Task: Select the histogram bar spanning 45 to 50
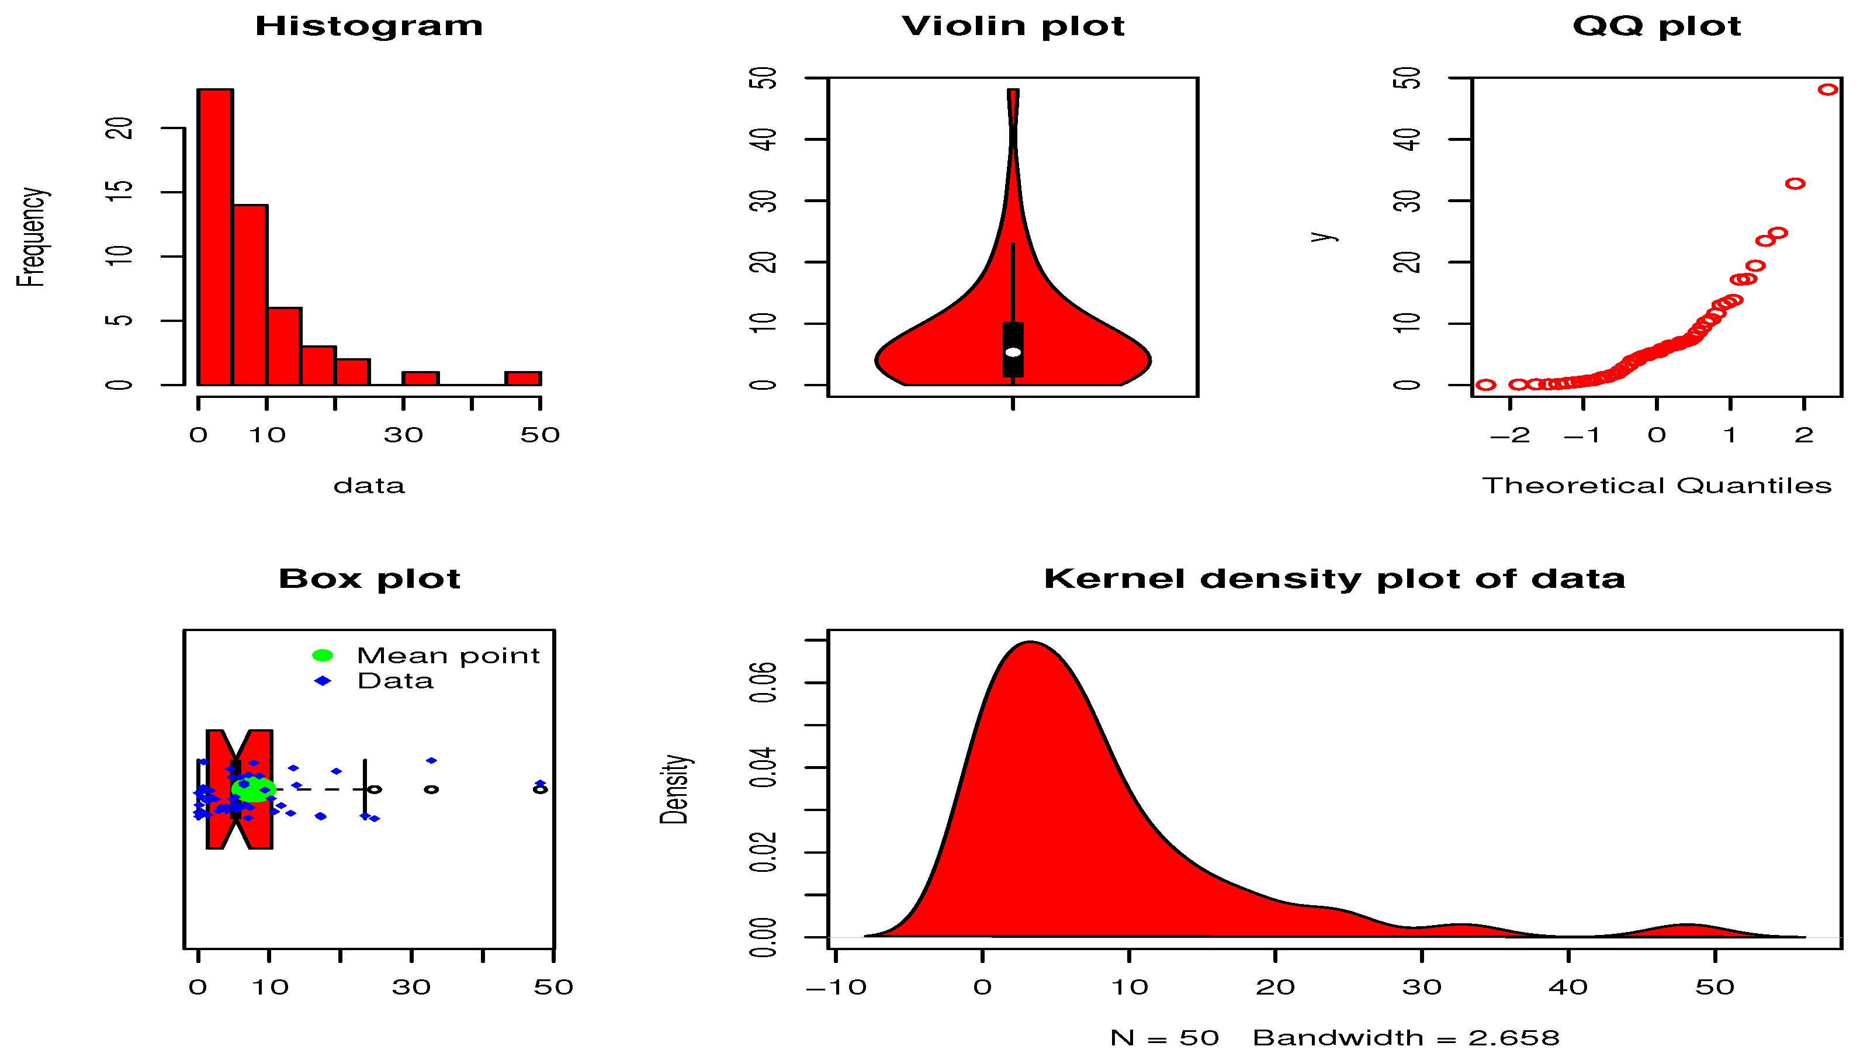524,379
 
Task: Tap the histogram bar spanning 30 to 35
421,379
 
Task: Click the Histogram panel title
369,26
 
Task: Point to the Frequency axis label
32,237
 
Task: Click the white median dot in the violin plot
1013,352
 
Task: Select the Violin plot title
1013,26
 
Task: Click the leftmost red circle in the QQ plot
1485,384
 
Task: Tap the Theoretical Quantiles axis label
1657,486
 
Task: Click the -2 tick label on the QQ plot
1509,435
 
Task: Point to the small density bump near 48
1686,926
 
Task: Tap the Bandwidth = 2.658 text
1407,1037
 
